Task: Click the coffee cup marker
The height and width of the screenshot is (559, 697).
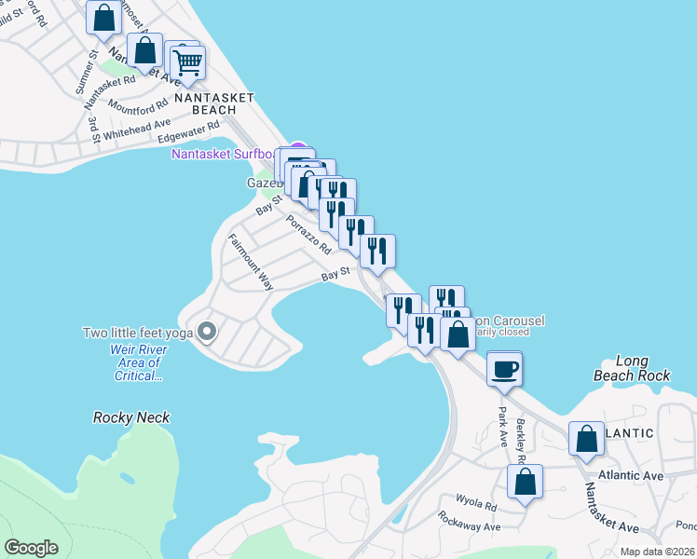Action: pos(504,369)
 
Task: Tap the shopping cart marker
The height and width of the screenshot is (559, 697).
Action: pos(187,62)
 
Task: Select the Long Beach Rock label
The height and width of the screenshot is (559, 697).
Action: pos(631,368)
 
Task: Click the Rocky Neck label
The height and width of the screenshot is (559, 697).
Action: pos(131,417)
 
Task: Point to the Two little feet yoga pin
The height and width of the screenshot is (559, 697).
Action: pos(208,332)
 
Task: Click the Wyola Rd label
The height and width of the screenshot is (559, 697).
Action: pos(476,504)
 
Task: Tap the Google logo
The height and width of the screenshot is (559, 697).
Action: pos(31,548)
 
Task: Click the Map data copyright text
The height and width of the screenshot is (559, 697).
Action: pos(657,552)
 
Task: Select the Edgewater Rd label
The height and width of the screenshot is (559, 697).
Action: pos(189,131)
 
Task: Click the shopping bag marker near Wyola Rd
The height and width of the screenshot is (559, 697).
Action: pos(525,483)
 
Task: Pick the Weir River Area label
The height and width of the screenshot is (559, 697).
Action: pos(138,361)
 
